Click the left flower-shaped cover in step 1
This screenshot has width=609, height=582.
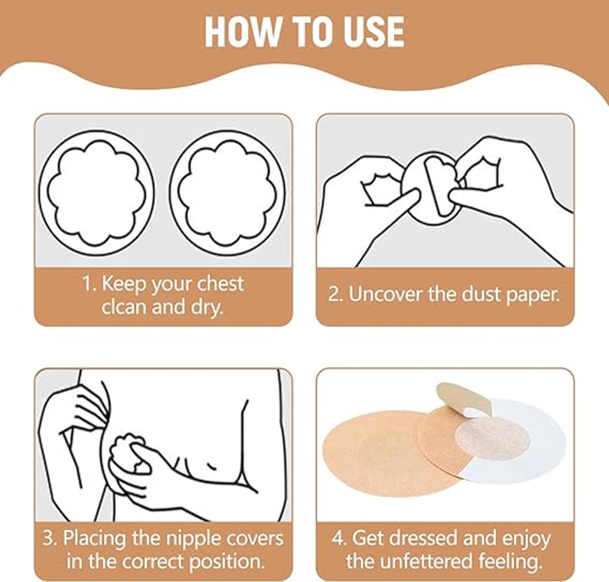tap(97, 192)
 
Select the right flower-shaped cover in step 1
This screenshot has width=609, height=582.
tap(228, 192)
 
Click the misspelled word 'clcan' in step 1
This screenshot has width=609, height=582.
tap(124, 307)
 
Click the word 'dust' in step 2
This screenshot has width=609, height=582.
tap(481, 294)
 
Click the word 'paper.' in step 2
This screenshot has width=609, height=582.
tap(532, 296)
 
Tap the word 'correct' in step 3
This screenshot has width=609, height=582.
tap(152, 562)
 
